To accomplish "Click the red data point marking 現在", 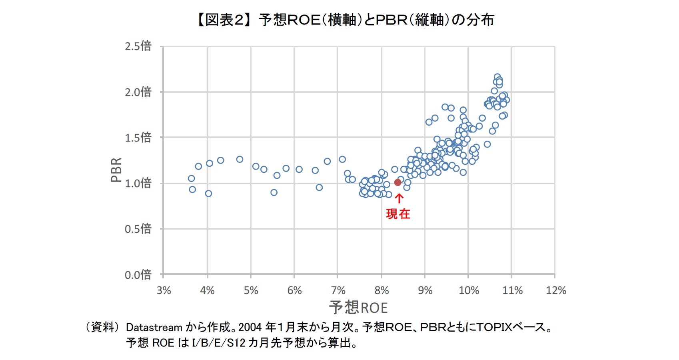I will (x=397, y=182).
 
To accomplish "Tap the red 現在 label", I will (x=398, y=214).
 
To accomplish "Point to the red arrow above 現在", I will (x=399, y=198).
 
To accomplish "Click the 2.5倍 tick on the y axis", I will (x=138, y=46).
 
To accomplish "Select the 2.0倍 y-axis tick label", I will (x=138, y=92).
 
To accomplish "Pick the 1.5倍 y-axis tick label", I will (x=138, y=138).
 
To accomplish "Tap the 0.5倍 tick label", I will (x=138, y=229).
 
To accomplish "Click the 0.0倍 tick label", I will (x=138, y=275).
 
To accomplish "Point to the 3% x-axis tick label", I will (x=164, y=290).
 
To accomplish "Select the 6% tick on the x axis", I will (x=294, y=290).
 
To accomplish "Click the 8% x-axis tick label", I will (x=381, y=290).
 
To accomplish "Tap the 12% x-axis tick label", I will (x=556, y=290).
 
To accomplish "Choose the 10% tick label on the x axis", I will (x=469, y=290).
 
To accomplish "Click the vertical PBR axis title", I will (x=116, y=170).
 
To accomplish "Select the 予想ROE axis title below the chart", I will (x=358, y=308).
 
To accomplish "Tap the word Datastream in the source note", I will (x=154, y=327).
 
